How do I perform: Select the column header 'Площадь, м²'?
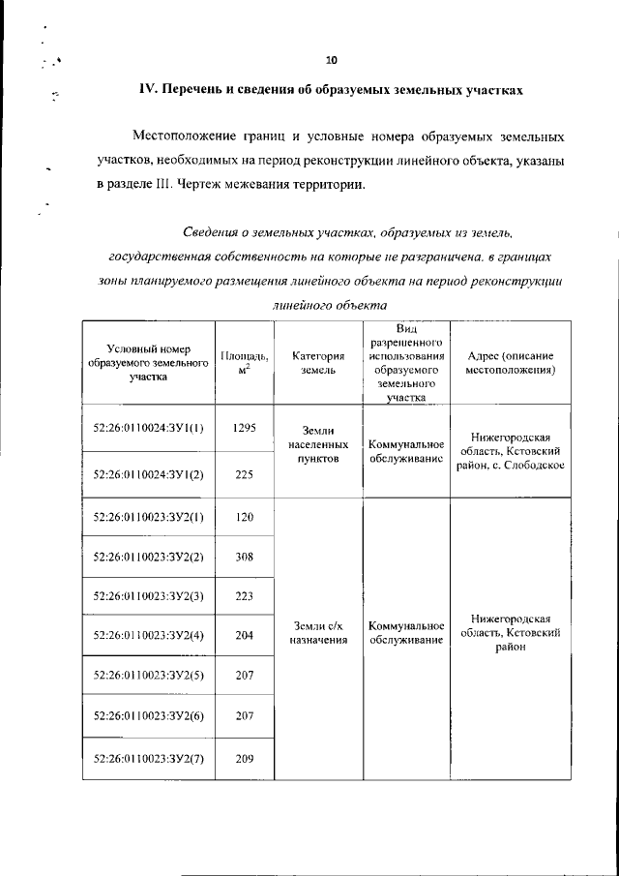pos(244,362)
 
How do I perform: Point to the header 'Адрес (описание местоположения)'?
pos(509,362)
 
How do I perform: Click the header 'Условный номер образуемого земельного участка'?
pos(148,362)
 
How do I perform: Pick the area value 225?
pos(244,474)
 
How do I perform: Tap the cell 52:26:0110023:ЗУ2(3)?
pos(148,595)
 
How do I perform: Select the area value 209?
pos(244,759)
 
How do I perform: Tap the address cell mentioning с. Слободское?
pos(509,451)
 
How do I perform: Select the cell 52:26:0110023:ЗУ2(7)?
pos(148,759)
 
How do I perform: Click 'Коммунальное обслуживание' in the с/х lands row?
pos(406,633)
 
